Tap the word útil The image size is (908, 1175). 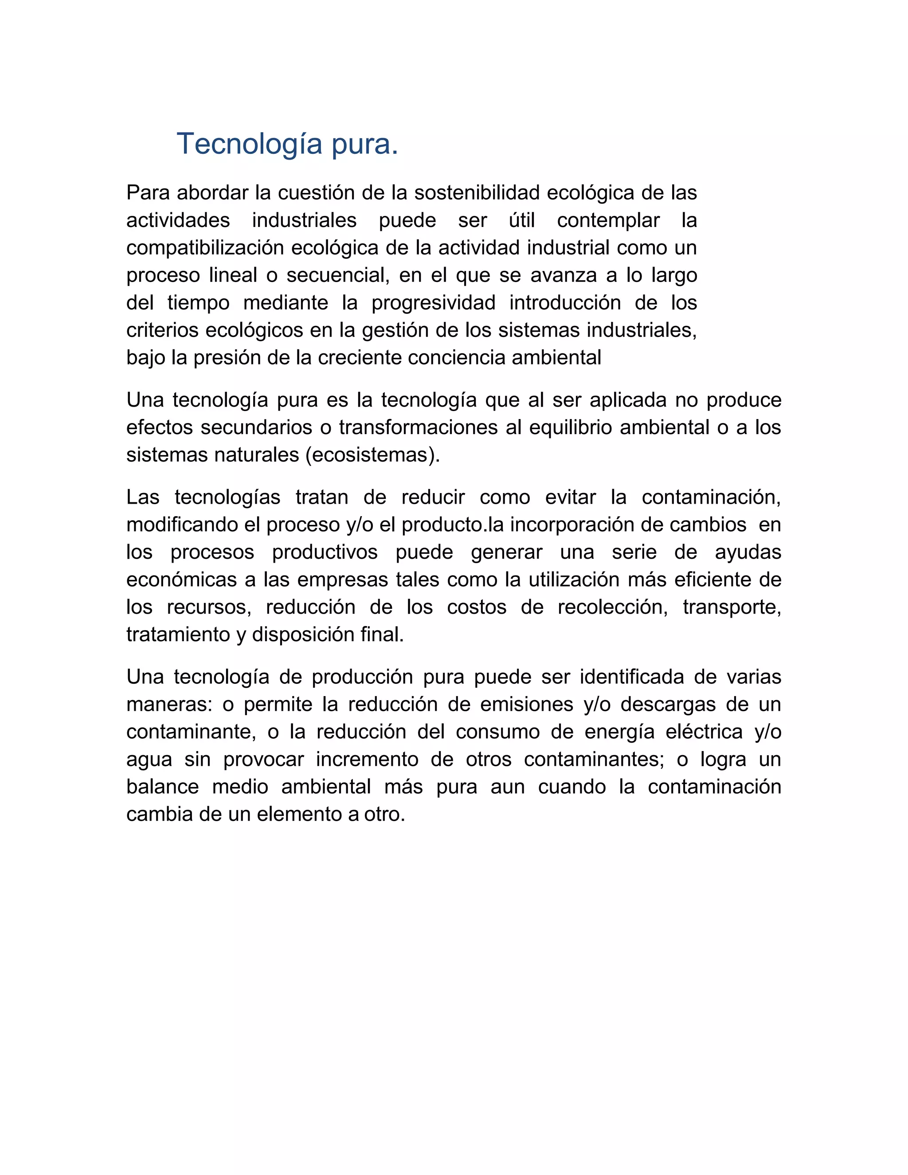(521, 220)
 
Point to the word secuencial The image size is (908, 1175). (337, 275)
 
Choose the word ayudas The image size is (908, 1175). (748, 552)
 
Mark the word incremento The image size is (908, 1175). (367, 759)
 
